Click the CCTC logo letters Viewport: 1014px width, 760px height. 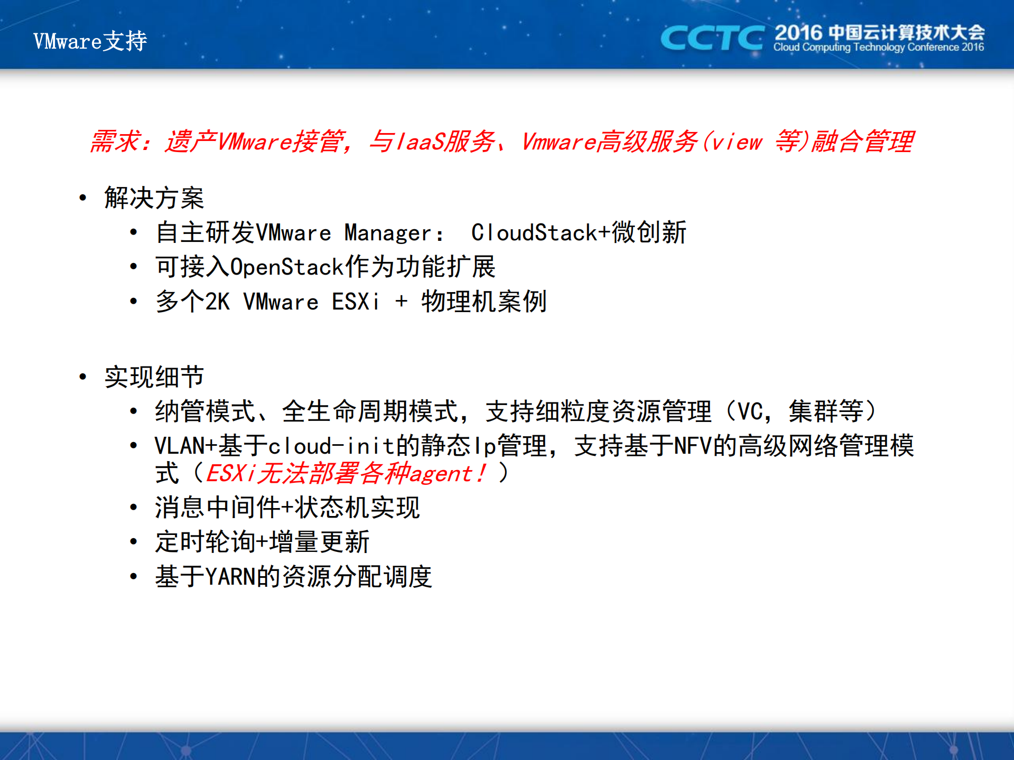(711, 38)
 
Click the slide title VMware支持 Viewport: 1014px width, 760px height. (90, 41)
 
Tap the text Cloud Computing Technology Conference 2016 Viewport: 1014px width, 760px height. (878, 48)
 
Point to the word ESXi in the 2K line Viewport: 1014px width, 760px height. (355, 302)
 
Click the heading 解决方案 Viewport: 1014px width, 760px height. (154, 198)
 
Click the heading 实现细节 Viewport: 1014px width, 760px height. (154, 377)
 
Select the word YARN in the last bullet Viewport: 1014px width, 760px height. (230, 576)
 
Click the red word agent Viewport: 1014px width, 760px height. (440, 474)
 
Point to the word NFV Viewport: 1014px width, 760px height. (693, 446)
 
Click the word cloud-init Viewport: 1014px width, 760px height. (331, 446)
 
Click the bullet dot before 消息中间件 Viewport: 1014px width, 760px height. (134, 508)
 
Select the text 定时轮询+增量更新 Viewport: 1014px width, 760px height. (262, 542)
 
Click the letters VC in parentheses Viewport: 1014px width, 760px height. (749, 412)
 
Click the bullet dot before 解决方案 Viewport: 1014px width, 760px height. (82, 198)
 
